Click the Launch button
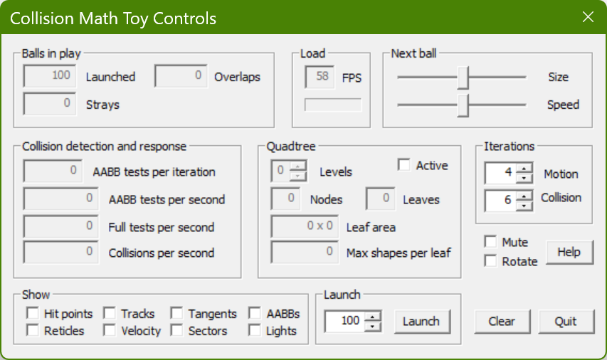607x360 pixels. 423,322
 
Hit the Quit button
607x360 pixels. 566,322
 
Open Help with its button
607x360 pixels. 569,253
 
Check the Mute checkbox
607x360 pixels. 490,242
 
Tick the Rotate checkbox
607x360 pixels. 490,261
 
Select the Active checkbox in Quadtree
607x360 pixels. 403,165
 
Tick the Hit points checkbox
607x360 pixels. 33,313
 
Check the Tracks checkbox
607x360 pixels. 110,313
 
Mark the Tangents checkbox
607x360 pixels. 177,313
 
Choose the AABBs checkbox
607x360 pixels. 255,313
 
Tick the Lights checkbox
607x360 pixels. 255,331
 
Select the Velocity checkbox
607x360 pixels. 110,331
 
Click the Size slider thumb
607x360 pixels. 463,78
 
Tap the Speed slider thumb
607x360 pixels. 463,105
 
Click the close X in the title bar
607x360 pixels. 588,16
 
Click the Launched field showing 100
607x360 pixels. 50,76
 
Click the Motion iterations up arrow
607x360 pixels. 524,168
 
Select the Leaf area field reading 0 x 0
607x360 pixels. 305,226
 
